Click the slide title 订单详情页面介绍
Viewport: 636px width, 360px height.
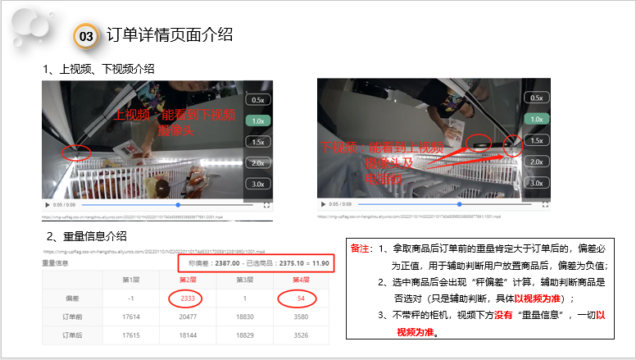(x=170, y=34)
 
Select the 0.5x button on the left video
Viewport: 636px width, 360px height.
(x=258, y=99)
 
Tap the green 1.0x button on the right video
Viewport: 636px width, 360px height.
(x=536, y=120)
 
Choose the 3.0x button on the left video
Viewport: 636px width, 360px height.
(x=258, y=184)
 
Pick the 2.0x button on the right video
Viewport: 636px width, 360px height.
(x=536, y=162)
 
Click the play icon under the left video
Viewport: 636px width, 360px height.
(x=46, y=204)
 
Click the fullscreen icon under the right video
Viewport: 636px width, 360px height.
(x=541, y=204)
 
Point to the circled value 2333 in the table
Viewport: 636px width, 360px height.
(x=187, y=299)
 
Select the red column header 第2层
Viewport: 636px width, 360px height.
(x=187, y=280)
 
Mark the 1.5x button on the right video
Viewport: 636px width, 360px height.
(x=536, y=141)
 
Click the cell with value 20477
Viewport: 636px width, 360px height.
(x=187, y=317)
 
